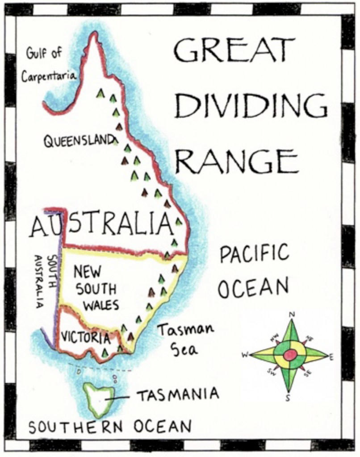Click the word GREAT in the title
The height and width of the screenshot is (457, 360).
tap(234, 50)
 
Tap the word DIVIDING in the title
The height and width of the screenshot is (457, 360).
tap(250, 106)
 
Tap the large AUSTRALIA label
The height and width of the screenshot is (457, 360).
tap(101, 224)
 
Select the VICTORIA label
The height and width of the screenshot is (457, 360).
tap(85, 337)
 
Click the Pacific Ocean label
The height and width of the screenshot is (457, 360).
tap(254, 271)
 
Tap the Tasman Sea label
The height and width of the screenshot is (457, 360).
tap(184, 340)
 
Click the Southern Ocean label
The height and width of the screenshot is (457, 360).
tap(110, 427)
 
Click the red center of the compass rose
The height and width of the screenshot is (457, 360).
tap(290, 355)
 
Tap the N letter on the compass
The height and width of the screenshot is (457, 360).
tap(292, 315)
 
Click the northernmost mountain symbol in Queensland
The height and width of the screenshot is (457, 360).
tap(101, 93)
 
